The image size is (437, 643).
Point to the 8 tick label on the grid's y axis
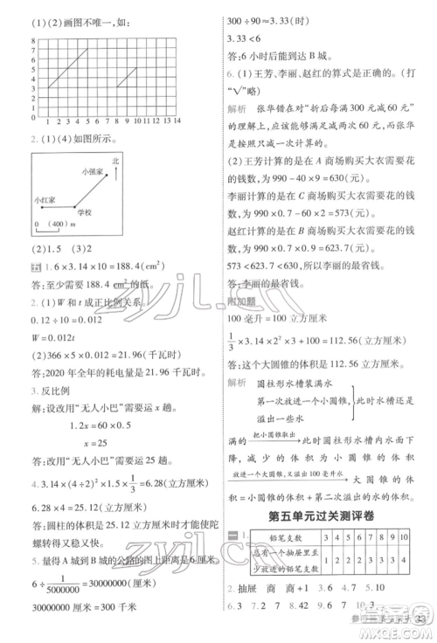(x=32, y=31)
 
